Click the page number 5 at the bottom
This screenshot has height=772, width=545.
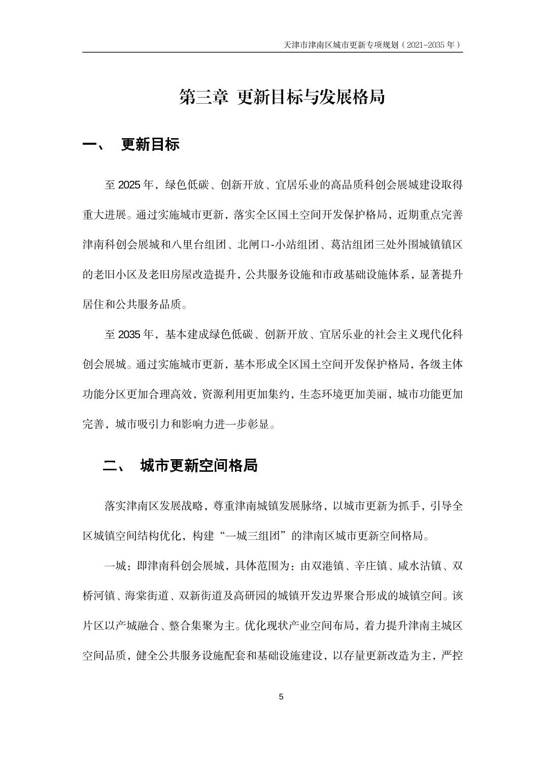pyautogui.click(x=281, y=696)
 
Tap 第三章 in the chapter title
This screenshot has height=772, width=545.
pyautogui.click(x=203, y=96)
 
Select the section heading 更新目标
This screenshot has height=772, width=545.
pyautogui.click(x=150, y=145)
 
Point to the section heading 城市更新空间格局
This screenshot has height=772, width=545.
pyautogui.click(x=199, y=465)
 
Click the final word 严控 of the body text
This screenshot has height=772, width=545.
pyautogui.click(x=452, y=656)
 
